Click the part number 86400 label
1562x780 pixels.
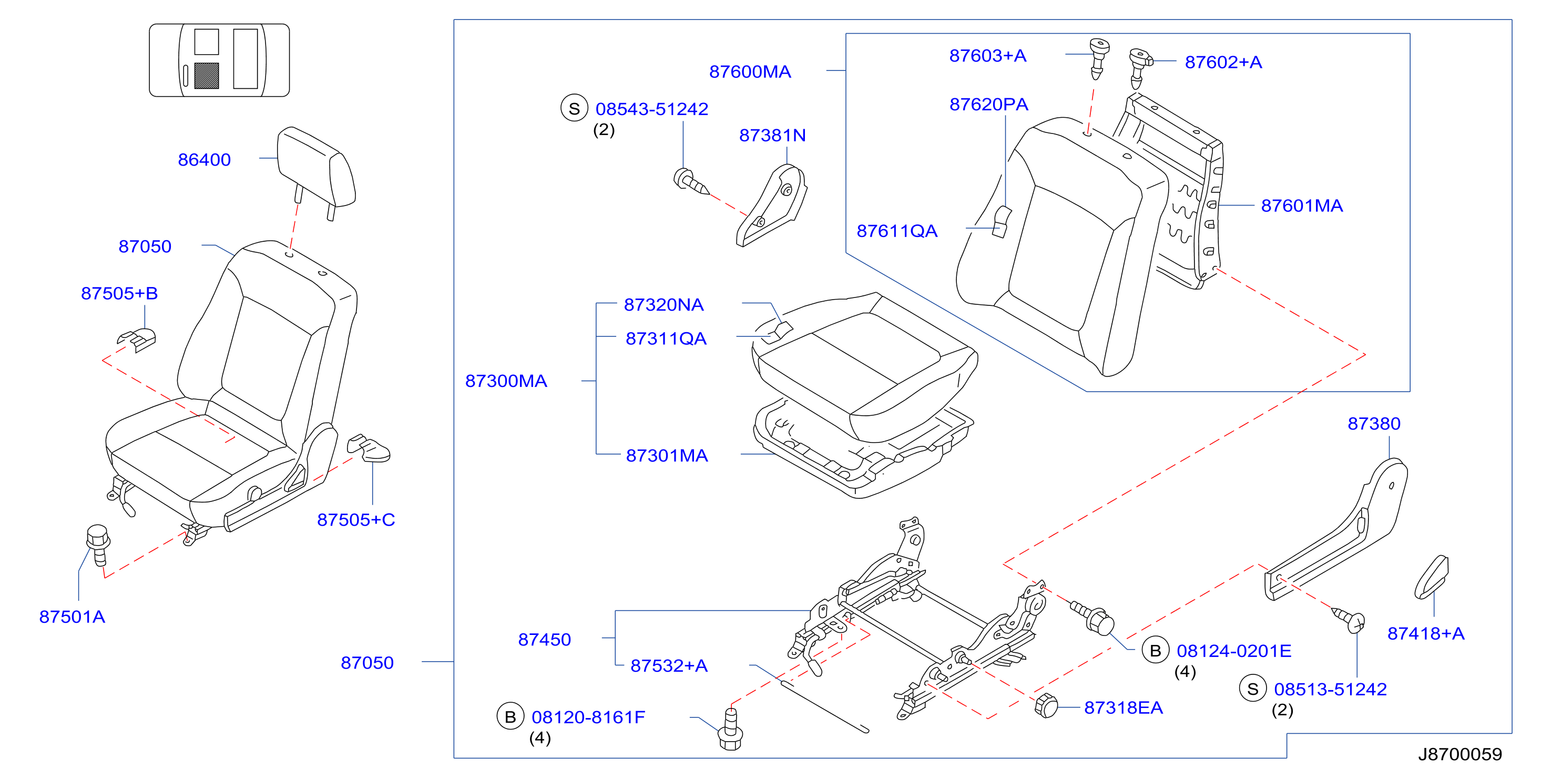204,159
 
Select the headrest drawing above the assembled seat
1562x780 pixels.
316,173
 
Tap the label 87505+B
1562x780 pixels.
119,293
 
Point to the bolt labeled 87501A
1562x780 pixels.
98,545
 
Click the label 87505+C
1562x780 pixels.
356,519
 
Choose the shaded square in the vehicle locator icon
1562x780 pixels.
206,76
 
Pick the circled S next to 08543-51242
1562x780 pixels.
574,108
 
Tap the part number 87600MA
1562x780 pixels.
750,71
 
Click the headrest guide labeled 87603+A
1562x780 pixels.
1099,58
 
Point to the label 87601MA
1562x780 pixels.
1302,206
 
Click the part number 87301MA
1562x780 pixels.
667,455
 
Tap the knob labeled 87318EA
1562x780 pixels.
1046,706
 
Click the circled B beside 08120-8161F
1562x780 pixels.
510,717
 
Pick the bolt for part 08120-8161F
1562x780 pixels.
730,730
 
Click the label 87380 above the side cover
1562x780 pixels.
1374,424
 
